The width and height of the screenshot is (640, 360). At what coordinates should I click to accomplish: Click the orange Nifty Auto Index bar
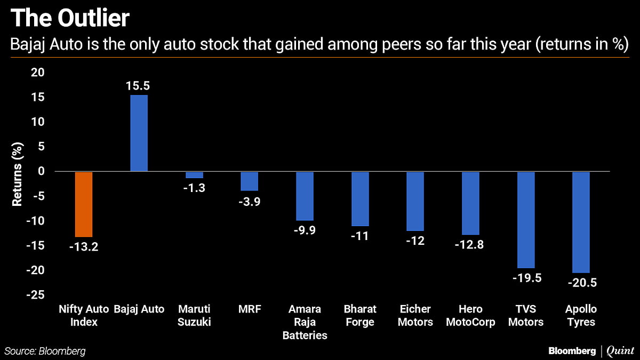[x=84, y=204]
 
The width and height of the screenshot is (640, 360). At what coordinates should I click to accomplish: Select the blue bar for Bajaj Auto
[x=139, y=133]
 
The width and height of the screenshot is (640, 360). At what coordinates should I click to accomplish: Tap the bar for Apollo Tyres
[x=581, y=222]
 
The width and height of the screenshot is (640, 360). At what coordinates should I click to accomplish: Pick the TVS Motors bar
[x=526, y=220]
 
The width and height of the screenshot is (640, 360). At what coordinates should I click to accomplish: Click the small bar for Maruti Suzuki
[x=194, y=175]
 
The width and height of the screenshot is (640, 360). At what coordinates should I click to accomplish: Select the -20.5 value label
[x=581, y=283]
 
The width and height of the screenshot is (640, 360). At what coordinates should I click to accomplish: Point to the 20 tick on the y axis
[x=40, y=73]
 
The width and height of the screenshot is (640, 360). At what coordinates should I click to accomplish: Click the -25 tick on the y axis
[x=37, y=295]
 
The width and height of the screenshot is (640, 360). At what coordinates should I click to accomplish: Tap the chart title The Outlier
[x=70, y=19]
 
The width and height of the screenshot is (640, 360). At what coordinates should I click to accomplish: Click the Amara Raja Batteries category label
[x=305, y=322]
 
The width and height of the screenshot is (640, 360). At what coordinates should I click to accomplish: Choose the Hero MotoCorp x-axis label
[x=470, y=316]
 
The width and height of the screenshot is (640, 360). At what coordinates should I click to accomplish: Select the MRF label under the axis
[x=250, y=309]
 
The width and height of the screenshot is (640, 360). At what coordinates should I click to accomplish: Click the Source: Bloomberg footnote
[x=45, y=351]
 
